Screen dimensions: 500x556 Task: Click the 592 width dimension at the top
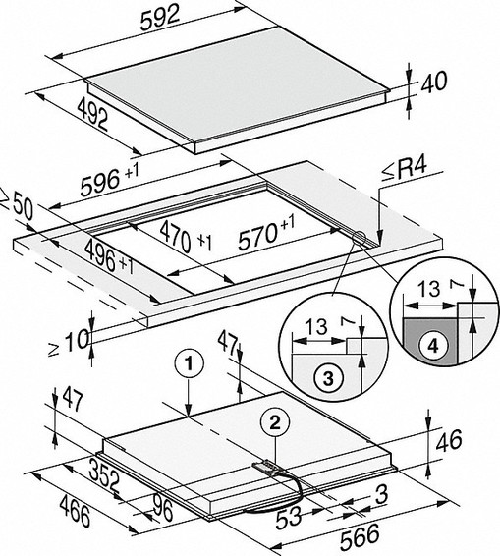pos(160,19)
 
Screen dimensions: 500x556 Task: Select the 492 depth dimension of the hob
pos(93,114)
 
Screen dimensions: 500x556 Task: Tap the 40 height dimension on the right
pos(433,83)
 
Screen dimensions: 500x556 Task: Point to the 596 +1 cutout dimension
pos(109,180)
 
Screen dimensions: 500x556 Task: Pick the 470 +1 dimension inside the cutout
pos(186,235)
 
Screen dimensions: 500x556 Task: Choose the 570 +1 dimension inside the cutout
pos(266,232)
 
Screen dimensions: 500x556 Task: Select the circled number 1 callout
pos(189,363)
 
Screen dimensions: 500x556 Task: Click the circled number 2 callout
pos(275,422)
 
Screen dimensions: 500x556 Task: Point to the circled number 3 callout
pos(328,378)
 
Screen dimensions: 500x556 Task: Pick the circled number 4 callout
pos(433,346)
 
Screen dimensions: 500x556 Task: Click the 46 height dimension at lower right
pos(449,441)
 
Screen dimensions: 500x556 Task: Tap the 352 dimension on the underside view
pos(104,473)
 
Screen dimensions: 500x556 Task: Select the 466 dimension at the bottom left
pos(75,512)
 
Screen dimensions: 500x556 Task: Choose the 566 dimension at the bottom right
pos(360,536)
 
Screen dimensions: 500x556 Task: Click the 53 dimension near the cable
pos(289,518)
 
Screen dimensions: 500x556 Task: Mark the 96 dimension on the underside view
pos(163,509)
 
